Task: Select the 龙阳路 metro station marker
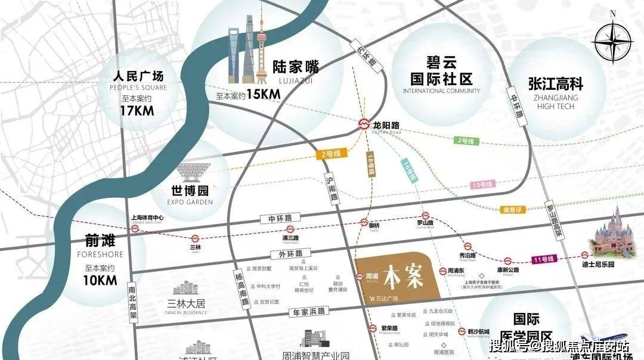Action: (363, 125)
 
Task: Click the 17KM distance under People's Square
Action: (137, 110)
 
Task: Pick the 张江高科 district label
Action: (555, 84)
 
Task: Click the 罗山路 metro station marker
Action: (425, 216)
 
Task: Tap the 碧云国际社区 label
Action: (441, 70)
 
